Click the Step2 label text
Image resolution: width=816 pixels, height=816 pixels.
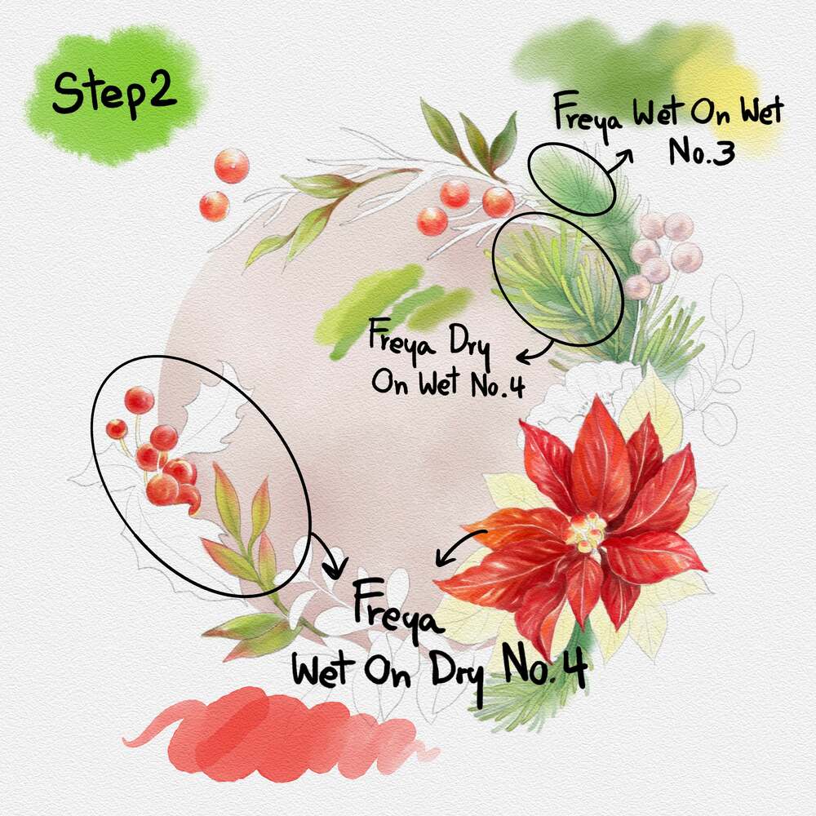click(x=114, y=93)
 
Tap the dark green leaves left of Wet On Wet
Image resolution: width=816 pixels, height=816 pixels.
click(x=468, y=138)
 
